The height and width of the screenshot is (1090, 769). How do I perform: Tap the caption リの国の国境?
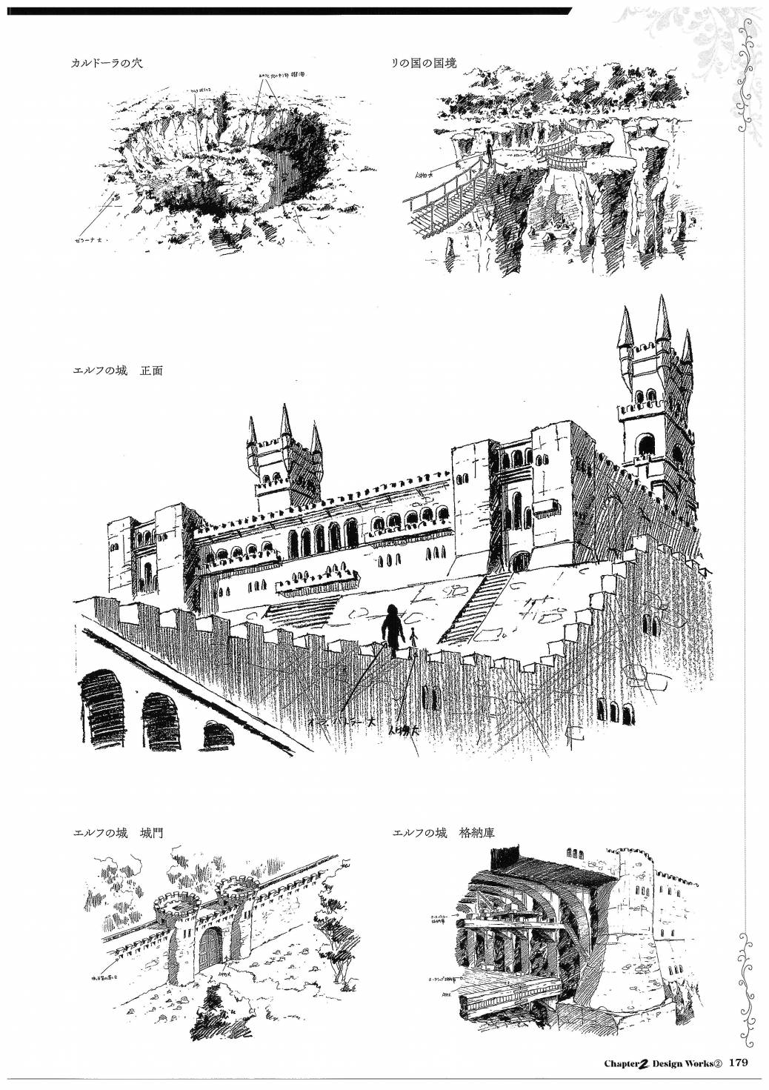tap(425, 64)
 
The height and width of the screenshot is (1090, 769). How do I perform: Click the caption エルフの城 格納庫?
tap(444, 834)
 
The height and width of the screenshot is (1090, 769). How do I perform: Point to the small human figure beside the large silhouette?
tap(413, 637)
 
